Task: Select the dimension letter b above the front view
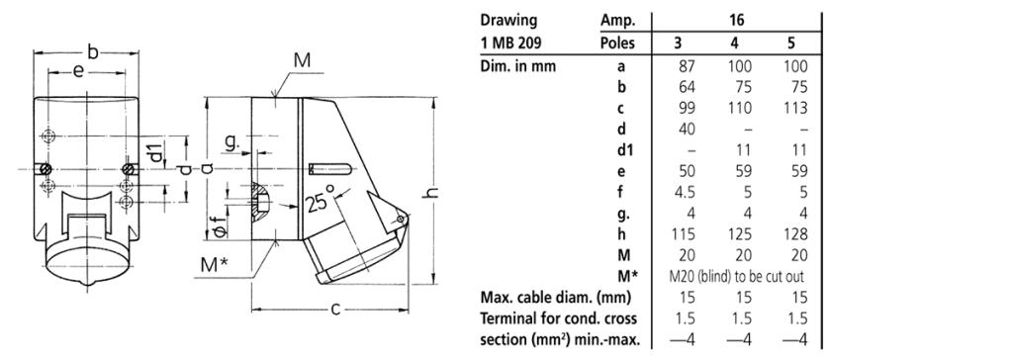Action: pyautogui.click(x=93, y=51)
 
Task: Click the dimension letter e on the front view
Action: pyautogui.click(x=77, y=71)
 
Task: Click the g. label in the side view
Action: pyautogui.click(x=231, y=143)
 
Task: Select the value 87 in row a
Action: pyautogui.click(x=687, y=66)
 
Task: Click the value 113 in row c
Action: pyautogui.click(x=795, y=108)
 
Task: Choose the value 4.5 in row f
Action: pyautogui.click(x=685, y=192)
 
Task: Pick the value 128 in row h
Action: pyautogui.click(x=795, y=234)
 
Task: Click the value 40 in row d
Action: pyautogui.click(x=687, y=130)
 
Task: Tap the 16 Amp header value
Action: pyautogui.click(x=736, y=21)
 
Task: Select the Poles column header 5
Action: pyautogui.click(x=791, y=44)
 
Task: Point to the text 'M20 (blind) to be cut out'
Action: pyautogui.click(x=737, y=277)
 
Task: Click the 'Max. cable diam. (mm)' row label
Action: pyautogui.click(x=556, y=298)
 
